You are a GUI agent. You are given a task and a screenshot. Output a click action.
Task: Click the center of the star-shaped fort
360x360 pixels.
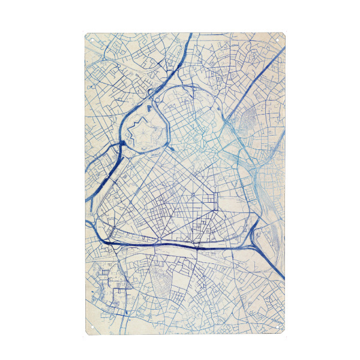click(x=142, y=128)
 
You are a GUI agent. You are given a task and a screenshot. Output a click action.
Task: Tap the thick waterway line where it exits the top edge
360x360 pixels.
click(x=191, y=35)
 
